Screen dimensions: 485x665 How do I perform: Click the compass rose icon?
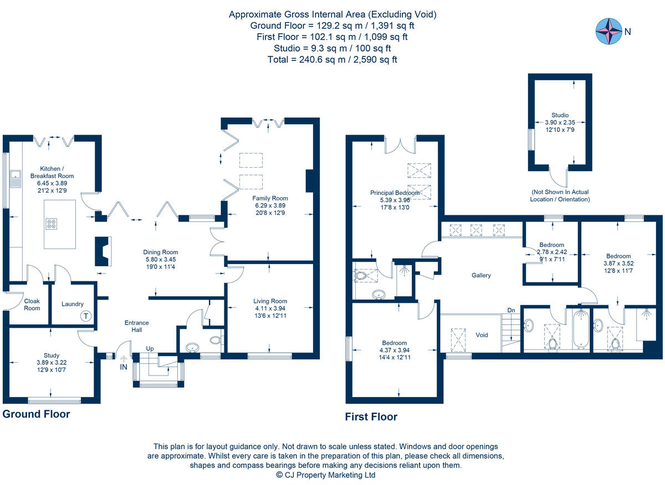pos(608,32)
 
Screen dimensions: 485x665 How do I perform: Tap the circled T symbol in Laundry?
pos(85,317)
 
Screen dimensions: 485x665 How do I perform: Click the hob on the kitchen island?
pos(52,224)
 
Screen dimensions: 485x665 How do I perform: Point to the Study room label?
pos(52,355)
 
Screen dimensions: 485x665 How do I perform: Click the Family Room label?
pos(270,198)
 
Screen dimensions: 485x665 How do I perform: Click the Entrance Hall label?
pos(136,326)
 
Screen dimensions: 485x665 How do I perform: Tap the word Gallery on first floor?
pos(481,275)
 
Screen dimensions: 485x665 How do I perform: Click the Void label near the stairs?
pos(482,335)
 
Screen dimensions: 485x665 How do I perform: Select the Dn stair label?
pos(511,311)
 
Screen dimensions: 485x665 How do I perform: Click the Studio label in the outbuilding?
pos(560,115)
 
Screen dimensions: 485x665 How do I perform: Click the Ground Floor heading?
pos(37,414)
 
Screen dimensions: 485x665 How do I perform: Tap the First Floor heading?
pos(371,417)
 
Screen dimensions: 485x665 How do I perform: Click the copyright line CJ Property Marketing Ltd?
pos(326,475)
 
